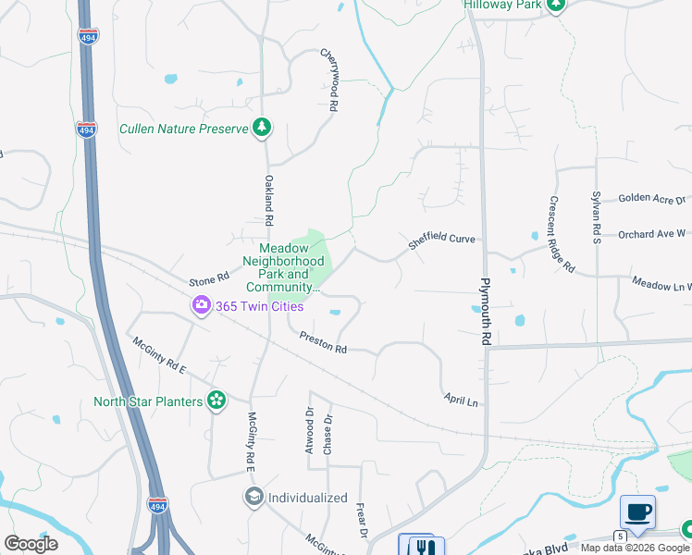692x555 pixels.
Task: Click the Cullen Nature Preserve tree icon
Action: [x=262, y=128]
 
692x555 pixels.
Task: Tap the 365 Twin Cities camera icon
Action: [x=201, y=304]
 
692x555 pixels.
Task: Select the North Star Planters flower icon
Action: [x=216, y=401]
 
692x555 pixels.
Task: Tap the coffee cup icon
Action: [x=637, y=512]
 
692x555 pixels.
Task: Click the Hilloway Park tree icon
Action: [x=555, y=5]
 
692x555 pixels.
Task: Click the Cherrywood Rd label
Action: [x=327, y=81]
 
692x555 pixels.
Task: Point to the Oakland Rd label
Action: [x=269, y=201]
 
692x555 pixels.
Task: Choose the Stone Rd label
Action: [x=208, y=278]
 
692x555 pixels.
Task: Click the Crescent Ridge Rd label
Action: [x=562, y=235]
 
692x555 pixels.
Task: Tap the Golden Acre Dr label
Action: [x=652, y=199]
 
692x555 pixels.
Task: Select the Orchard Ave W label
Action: [x=651, y=233]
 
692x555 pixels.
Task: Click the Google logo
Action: [x=31, y=544]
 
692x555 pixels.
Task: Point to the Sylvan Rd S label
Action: [x=597, y=217]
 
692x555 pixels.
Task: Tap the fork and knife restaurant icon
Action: [x=424, y=547]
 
